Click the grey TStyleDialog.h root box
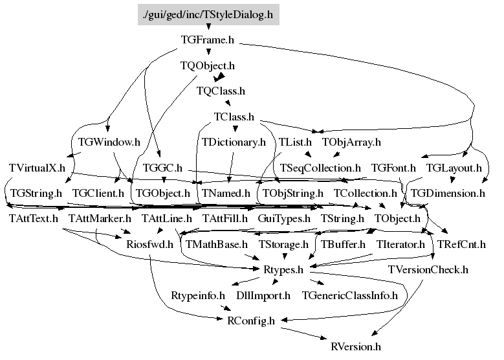click(x=208, y=14)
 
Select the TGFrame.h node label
click(x=208, y=40)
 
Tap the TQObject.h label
click(x=208, y=65)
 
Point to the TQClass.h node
click(x=221, y=91)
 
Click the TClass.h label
click(x=234, y=117)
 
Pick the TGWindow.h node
click(x=109, y=142)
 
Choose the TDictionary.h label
click(x=234, y=142)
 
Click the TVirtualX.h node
click(x=37, y=168)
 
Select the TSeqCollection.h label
click(x=320, y=168)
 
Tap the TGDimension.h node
click(x=448, y=194)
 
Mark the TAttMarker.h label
click(x=100, y=219)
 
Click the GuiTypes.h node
click(x=284, y=219)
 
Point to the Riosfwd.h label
click(x=150, y=245)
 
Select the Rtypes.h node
click(x=283, y=269)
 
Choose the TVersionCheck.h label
click(x=428, y=269)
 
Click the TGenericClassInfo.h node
click(x=350, y=295)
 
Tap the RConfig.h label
click(x=251, y=321)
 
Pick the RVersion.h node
click(x=356, y=347)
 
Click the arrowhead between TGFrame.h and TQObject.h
click(x=208, y=52)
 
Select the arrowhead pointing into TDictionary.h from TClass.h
click(x=235, y=129)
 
